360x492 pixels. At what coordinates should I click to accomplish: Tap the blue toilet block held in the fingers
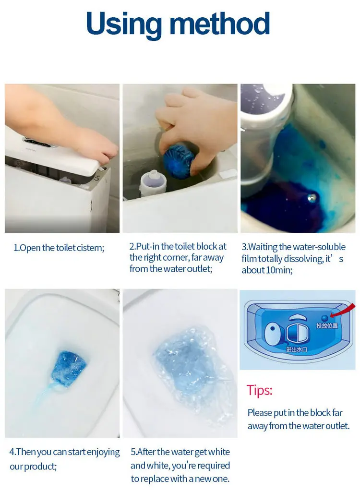(178, 161)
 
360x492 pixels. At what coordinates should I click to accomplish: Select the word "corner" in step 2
(167, 257)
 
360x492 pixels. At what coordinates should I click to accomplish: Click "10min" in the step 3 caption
(276, 270)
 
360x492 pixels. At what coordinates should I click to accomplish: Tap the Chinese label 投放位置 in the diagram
(326, 326)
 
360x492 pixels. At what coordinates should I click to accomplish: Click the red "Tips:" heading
(260, 390)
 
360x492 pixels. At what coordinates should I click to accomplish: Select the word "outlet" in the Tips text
(334, 426)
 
